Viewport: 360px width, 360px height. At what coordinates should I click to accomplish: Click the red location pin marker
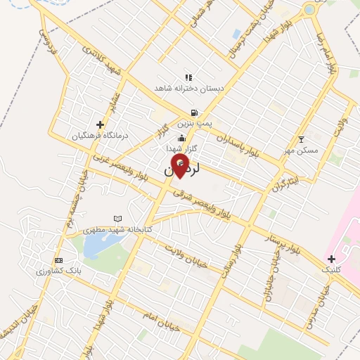(181, 166)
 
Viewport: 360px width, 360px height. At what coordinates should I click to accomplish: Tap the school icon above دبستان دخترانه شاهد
(188, 77)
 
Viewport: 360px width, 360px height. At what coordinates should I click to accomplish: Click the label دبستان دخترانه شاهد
(189, 89)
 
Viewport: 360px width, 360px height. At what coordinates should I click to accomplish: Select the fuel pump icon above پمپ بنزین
(194, 112)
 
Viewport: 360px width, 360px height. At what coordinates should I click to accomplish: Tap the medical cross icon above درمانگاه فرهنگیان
(101, 124)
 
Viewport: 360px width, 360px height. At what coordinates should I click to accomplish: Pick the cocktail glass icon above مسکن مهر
(302, 139)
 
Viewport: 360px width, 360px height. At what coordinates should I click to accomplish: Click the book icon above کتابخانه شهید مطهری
(117, 219)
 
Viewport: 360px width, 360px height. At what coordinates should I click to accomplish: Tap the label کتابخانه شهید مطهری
(117, 230)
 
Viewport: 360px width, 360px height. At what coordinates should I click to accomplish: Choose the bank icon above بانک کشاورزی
(58, 259)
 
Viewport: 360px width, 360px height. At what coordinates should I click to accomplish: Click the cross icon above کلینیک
(331, 259)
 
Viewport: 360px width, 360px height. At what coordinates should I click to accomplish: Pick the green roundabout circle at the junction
(309, 10)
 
